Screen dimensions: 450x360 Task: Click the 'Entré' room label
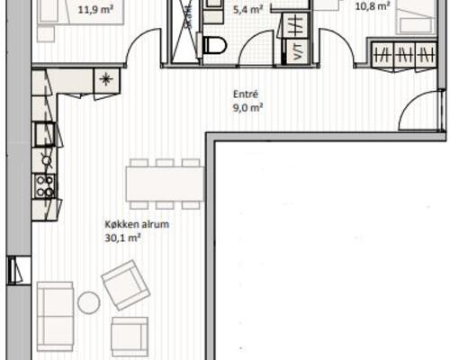click(246, 94)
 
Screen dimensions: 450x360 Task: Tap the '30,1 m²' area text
click(119, 238)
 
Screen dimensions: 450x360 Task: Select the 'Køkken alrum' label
click(137, 224)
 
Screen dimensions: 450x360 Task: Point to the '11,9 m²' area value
click(95, 10)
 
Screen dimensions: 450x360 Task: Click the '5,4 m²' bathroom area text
click(247, 10)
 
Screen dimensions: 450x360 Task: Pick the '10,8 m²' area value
click(373, 6)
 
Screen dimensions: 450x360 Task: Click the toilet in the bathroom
click(213, 45)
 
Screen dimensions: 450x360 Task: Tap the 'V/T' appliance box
click(296, 51)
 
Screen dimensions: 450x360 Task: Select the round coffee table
click(89, 302)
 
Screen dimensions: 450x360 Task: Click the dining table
click(166, 184)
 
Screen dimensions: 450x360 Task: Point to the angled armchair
click(126, 285)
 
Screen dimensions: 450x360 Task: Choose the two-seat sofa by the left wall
click(55, 316)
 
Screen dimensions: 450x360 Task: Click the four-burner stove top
click(44, 186)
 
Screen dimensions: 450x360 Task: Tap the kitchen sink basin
click(45, 134)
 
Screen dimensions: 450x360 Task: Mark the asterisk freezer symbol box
click(107, 80)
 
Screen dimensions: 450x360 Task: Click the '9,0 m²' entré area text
click(248, 107)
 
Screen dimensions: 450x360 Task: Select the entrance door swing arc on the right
click(413, 103)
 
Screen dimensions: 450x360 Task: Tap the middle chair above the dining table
click(165, 163)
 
